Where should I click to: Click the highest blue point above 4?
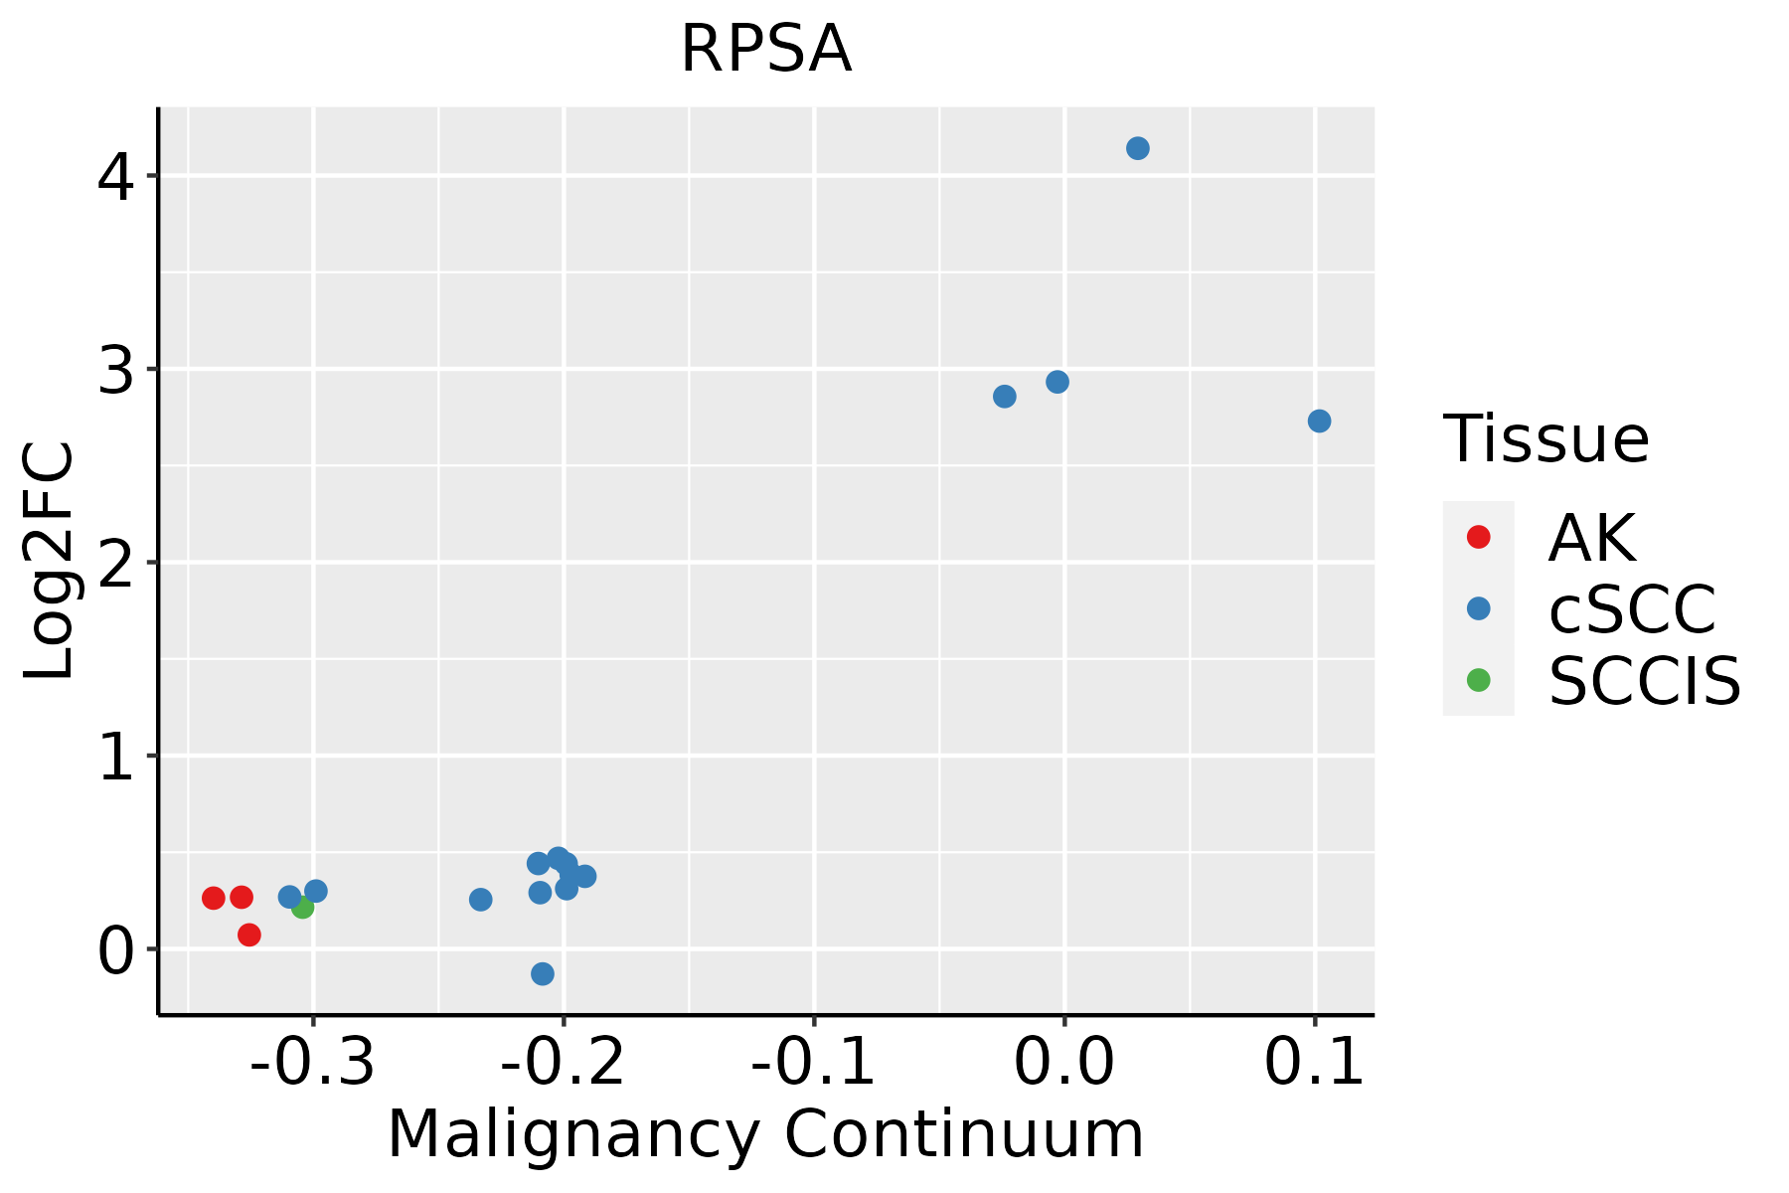coord(1138,148)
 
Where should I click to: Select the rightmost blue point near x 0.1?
coord(1319,422)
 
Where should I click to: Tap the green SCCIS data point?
coord(303,907)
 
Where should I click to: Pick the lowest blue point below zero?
coord(543,973)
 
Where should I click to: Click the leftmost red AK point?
coord(214,898)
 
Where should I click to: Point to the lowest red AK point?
coord(249,935)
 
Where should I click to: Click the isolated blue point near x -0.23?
coord(481,900)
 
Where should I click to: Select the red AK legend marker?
coord(1478,537)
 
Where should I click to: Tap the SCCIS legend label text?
coord(1645,681)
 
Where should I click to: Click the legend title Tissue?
coord(1545,438)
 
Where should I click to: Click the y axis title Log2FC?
coord(50,562)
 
